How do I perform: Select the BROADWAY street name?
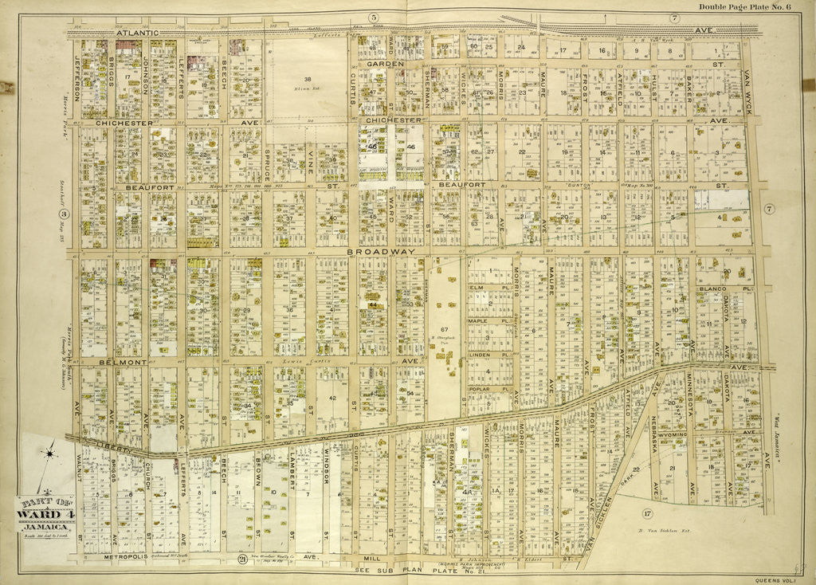(x=382, y=251)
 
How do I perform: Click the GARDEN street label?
(x=386, y=62)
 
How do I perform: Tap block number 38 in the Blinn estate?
(x=307, y=79)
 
